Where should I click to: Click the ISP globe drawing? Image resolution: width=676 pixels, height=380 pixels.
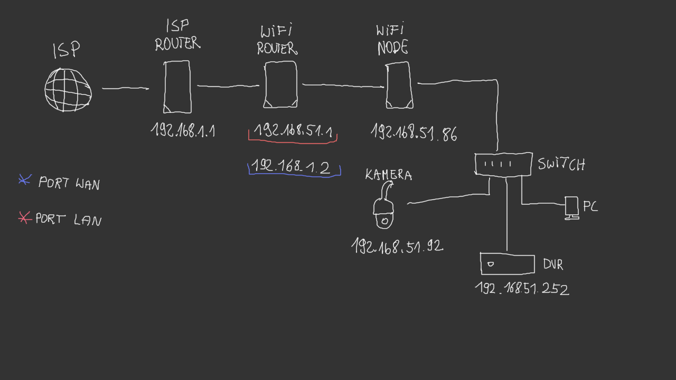68,90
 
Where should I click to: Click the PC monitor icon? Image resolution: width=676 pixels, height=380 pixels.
571,208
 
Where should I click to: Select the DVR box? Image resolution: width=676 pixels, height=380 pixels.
507,264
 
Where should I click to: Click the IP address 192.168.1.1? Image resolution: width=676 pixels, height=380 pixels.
183,130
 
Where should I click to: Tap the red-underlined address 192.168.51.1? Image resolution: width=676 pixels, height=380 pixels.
293,131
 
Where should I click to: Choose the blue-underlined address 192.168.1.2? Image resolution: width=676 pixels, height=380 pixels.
291,166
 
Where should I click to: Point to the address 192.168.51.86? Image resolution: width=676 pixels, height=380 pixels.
414,132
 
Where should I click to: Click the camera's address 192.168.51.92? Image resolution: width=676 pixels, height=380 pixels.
398,246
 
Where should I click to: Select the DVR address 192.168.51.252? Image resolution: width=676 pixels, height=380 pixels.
522,288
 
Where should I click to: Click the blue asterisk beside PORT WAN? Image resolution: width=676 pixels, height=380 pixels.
25,180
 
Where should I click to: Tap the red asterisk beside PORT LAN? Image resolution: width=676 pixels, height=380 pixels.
24,217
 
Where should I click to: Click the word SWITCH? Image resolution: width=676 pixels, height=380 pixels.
562,164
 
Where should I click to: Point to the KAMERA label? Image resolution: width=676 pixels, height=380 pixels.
388,175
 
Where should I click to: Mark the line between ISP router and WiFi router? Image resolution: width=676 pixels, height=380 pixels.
228,86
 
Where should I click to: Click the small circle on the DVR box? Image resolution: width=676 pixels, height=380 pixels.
490,264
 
